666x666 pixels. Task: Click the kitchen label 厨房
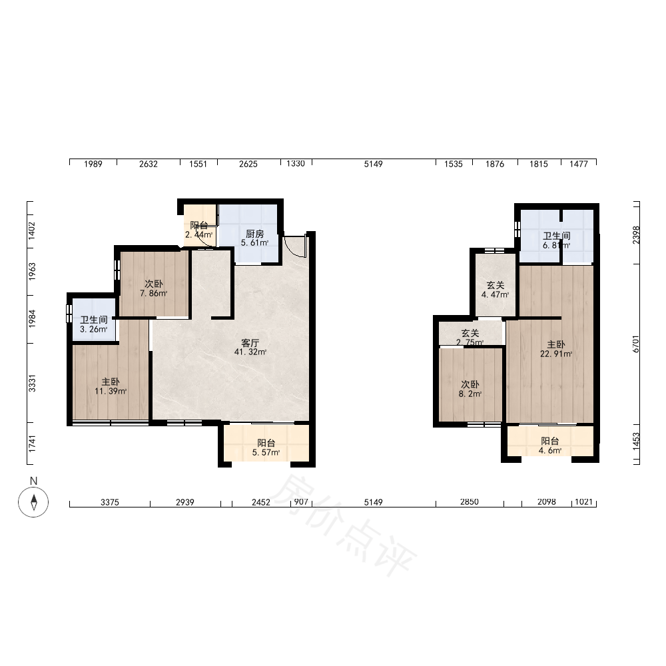pyautogui.click(x=255, y=234)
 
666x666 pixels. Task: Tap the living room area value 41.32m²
pyautogui.click(x=250, y=352)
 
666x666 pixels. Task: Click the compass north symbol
pyautogui.click(x=33, y=502)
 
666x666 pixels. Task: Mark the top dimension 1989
pyautogui.click(x=93, y=164)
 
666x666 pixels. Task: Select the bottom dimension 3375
pyautogui.click(x=110, y=502)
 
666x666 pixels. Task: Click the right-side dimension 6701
pyautogui.click(x=636, y=344)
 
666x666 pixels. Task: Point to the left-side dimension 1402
pyautogui.click(x=32, y=230)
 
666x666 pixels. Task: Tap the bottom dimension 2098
pyautogui.click(x=547, y=501)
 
